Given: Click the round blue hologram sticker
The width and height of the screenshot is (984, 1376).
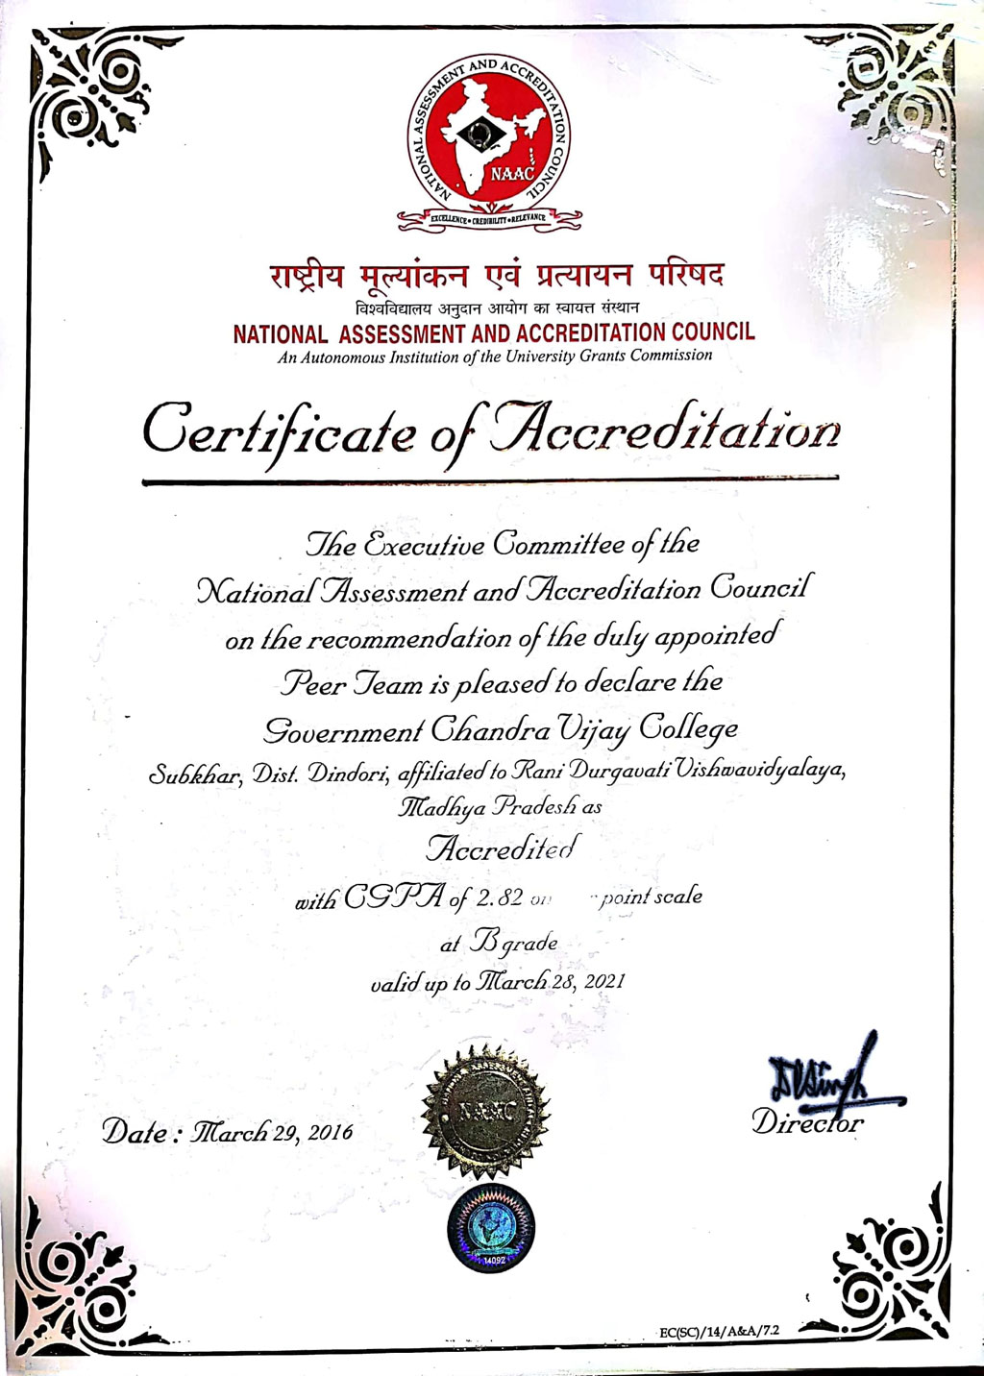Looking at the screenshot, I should [491, 1228].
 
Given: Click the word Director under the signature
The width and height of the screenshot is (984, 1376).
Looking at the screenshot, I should [807, 1122].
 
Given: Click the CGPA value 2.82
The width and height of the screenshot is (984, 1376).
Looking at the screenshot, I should [500, 898].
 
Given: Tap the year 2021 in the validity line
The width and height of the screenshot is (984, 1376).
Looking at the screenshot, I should [604, 981].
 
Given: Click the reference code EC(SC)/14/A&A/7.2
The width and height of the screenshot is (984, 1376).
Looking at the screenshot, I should [720, 1331].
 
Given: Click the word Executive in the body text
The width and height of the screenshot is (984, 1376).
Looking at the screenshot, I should [422, 545].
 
